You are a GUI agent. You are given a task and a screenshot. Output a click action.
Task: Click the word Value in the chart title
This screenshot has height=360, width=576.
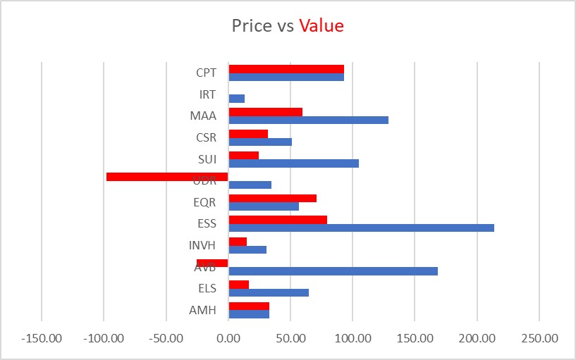tap(321, 26)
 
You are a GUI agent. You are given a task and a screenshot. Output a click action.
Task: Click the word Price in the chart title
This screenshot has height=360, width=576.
tap(252, 26)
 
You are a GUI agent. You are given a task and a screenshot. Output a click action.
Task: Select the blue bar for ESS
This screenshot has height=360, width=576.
tap(361, 228)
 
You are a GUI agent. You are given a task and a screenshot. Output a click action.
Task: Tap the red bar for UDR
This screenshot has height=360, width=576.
tap(167, 176)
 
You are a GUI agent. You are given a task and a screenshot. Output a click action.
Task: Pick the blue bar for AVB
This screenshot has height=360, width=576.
tap(333, 271)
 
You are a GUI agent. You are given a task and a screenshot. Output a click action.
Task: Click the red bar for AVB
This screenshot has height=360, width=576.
tap(212, 263)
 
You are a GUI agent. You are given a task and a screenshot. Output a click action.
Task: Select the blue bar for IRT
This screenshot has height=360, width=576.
tap(237, 99)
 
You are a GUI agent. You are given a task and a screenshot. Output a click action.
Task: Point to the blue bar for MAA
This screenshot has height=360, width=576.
tap(308, 120)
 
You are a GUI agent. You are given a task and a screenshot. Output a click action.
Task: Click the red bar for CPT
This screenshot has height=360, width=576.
tap(286, 69)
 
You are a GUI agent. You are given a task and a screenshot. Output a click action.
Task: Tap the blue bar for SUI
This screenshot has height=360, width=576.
tap(293, 163)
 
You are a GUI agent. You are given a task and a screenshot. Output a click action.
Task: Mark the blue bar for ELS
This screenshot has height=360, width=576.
tap(269, 292)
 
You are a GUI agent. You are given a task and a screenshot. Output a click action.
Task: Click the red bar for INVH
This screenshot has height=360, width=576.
tap(238, 242)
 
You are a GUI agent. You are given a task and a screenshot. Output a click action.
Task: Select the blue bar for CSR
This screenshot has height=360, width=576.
tap(260, 142)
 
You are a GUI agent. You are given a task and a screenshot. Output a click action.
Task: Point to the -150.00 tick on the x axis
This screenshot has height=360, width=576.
tap(42, 338)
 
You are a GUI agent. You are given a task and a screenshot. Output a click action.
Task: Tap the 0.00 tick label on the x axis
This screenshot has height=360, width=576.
tap(228, 338)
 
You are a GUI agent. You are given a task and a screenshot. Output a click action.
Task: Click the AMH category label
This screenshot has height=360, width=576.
tap(202, 311)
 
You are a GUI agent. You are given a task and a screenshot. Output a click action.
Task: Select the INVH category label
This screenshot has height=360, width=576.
tap(202, 246)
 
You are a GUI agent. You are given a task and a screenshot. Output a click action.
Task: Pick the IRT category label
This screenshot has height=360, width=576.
tap(207, 94)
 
